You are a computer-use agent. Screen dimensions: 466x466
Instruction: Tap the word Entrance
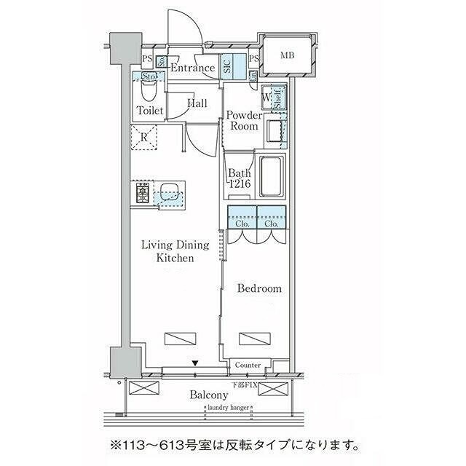pos(192,68)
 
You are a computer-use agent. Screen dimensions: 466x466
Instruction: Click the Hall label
pos(197,104)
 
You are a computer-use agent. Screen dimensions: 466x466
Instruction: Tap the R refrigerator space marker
pos(144,136)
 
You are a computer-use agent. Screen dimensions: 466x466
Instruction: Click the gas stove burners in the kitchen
pos(142,194)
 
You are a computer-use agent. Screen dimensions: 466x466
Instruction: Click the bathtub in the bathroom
pos(270,178)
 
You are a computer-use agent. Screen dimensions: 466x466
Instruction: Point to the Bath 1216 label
pos(240,179)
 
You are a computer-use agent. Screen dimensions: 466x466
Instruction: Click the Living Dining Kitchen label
pos(175,251)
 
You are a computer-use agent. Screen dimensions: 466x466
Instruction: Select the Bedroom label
pos(259,288)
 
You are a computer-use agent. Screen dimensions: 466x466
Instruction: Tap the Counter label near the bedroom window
pos(248,365)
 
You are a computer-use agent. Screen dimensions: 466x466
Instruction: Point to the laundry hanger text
pos(229,408)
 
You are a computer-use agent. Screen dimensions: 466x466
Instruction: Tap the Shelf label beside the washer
pos(279,98)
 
